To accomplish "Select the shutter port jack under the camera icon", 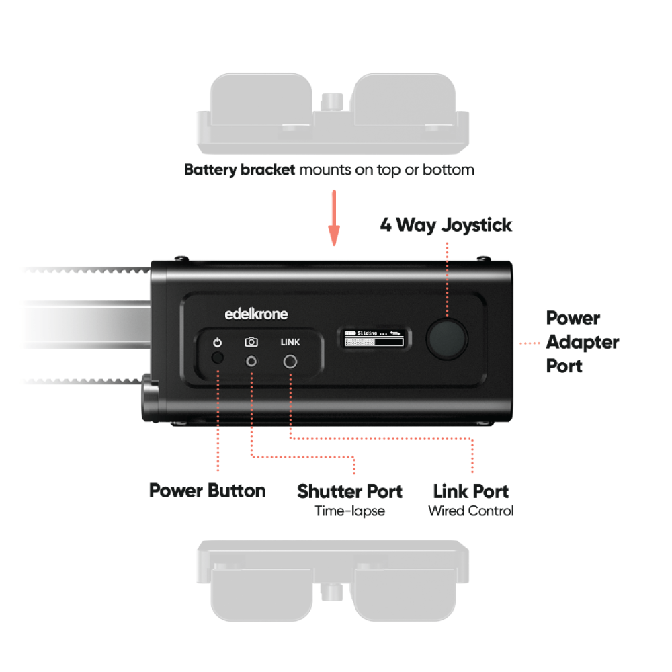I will coord(251,361).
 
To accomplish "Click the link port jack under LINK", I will coord(290,362).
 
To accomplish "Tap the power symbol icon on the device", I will coord(216,343).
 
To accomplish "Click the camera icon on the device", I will coord(251,342).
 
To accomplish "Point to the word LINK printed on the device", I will coord(290,342).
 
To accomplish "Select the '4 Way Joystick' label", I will coord(446,225).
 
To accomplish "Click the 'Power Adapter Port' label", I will coord(582,342).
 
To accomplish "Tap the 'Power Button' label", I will coord(207,491).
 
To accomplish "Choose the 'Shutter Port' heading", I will coord(349,491).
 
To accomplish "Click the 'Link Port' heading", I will coord(470,491).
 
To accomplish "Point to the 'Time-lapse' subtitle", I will coord(349,511).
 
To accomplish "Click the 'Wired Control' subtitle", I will coord(470,511).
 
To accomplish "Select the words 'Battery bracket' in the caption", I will coord(239,170).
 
